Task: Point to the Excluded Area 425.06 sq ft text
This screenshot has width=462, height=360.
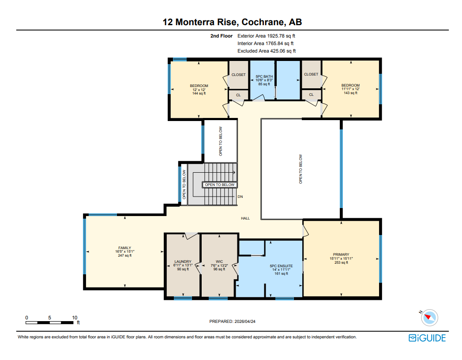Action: pyautogui.click(x=267, y=51)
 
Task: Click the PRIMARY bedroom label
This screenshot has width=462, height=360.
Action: pyautogui.click(x=341, y=254)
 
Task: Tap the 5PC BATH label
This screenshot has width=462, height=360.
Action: pyautogui.click(x=264, y=76)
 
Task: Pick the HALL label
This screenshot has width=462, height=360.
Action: pyautogui.click(x=245, y=218)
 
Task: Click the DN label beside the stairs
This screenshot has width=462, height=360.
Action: pyautogui.click(x=240, y=197)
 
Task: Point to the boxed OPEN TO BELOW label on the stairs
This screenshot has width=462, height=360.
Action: pyautogui.click(x=220, y=185)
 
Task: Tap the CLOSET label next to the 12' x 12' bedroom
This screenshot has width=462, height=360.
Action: pyautogui.click(x=238, y=75)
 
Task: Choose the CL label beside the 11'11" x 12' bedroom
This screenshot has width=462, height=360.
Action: pyautogui.click(x=311, y=95)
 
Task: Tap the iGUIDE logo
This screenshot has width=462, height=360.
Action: pyautogui.click(x=427, y=338)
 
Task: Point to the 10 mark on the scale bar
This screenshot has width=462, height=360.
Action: pyautogui.click(x=75, y=318)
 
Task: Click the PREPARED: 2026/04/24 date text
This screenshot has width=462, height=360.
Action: pyautogui.click(x=232, y=322)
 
